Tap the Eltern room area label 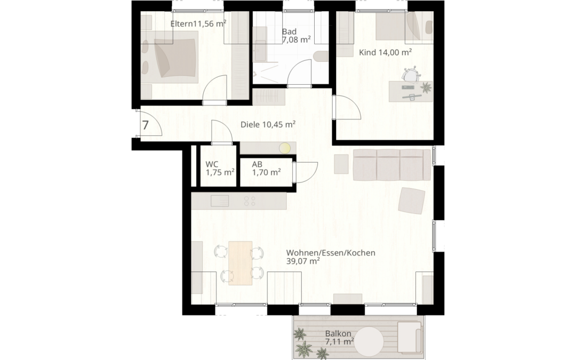tap(197, 24)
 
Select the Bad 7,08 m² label tap(296, 35)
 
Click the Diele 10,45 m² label tap(268, 124)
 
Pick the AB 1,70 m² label tap(266, 168)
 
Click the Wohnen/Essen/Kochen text tap(331, 253)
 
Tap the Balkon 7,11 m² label tap(340, 337)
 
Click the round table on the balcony tap(369, 341)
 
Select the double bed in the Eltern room tap(168, 55)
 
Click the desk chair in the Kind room tap(410, 75)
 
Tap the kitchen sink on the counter tap(220, 201)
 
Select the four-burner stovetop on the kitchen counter tap(249, 201)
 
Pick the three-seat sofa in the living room tap(391, 165)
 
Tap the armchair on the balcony tap(411, 337)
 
